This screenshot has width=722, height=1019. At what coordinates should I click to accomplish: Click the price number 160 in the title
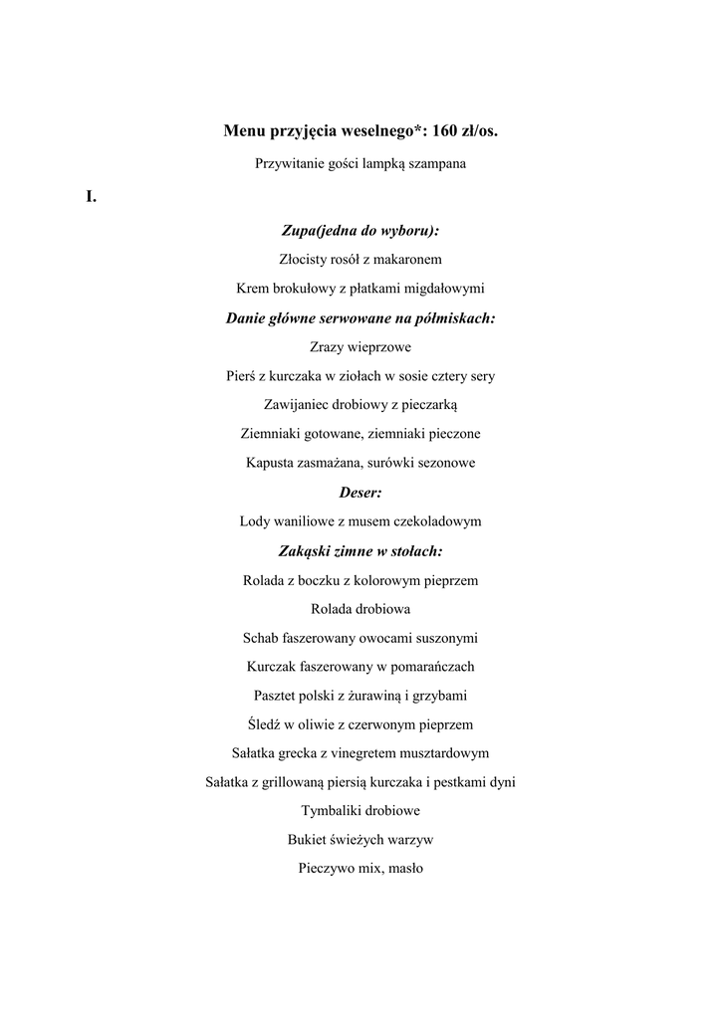[446, 130]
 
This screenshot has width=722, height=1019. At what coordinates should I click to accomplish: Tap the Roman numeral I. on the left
[91, 197]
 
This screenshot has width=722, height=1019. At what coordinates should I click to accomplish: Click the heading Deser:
[361, 492]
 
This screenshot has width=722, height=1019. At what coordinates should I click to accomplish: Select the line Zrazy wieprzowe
[361, 347]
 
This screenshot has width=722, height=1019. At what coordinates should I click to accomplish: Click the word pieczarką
[428, 405]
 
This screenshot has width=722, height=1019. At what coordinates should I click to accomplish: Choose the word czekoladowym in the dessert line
[435, 520]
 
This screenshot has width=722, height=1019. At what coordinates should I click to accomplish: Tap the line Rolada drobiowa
[361, 608]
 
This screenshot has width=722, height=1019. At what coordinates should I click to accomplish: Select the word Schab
[261, 638]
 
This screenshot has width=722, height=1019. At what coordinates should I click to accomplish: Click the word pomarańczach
[430, 666]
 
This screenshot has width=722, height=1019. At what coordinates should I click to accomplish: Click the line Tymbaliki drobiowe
[361, 811]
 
